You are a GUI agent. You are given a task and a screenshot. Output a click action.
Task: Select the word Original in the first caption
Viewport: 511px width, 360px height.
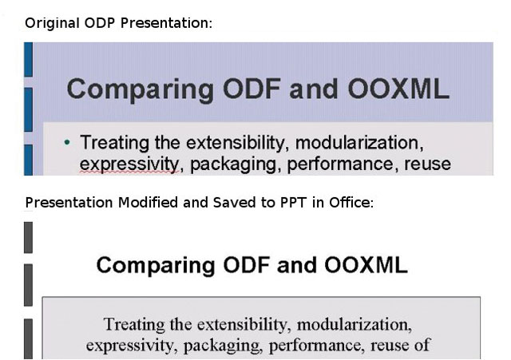coord(52,24)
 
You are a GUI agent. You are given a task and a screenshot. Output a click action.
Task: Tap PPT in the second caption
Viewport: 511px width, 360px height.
coord(293,203)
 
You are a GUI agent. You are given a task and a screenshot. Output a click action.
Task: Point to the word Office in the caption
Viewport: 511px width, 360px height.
coord(351,203)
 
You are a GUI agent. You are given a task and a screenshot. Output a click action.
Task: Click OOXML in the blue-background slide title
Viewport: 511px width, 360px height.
coord(398,89)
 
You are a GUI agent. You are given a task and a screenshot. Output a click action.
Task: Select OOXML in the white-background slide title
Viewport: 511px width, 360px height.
coord(366,265)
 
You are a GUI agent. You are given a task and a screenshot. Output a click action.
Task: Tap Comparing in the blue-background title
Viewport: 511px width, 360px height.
coord(141,90)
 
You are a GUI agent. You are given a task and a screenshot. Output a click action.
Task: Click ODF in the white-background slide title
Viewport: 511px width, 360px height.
coord(247,265)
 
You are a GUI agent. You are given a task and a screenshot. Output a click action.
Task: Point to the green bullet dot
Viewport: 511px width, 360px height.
coord(67,142)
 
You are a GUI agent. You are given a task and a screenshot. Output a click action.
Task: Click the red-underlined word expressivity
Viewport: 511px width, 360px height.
coord(129,164)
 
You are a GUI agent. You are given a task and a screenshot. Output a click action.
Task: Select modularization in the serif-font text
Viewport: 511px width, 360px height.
coord(355,325)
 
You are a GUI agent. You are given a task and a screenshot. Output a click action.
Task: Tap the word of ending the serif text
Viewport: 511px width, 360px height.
coord(422,345)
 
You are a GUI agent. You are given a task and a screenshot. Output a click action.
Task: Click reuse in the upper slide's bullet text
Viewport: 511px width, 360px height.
coord(428,164)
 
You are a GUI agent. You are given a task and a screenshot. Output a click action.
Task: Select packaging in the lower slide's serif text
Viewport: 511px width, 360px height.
coord(223,346)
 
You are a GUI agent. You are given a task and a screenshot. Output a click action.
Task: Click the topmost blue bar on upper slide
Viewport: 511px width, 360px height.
coord(29,60)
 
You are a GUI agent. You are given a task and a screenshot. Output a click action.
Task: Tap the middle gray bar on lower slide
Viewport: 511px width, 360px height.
coord(29,285)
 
